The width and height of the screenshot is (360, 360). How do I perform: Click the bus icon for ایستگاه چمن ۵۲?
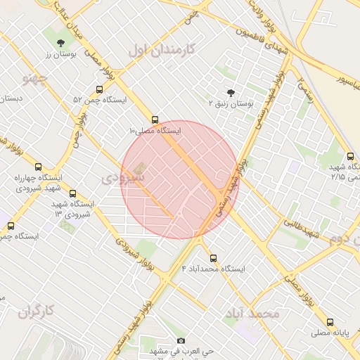(x=99, y=90)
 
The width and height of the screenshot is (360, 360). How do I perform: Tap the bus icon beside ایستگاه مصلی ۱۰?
(x=155, y=120)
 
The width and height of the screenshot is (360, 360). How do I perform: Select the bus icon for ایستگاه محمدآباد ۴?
(x=214, y=258)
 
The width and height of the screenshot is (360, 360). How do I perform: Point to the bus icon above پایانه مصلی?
(x=330, y=322)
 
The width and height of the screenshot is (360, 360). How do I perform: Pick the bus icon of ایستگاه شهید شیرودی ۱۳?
(x=73, y=193)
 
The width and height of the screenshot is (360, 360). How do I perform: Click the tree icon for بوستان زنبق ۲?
(x=231, y=93)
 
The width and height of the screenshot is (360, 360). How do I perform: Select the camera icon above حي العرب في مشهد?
(x=181, y=341)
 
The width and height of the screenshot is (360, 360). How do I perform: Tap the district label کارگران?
(x=37, y=310)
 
